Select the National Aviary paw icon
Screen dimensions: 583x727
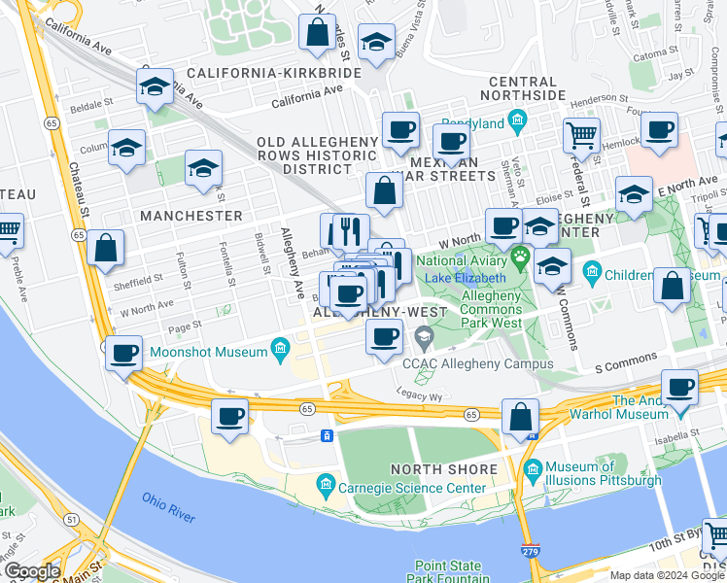tap(521, 259)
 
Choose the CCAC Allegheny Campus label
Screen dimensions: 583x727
tap(477, 363)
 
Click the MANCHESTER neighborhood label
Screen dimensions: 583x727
tap(190, 215)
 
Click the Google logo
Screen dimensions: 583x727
tap(32, 570)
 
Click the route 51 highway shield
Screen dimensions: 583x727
tap(47, 521)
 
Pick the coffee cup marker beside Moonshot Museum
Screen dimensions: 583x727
tap(124, 355)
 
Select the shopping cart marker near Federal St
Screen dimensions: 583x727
tap(581, 136)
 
